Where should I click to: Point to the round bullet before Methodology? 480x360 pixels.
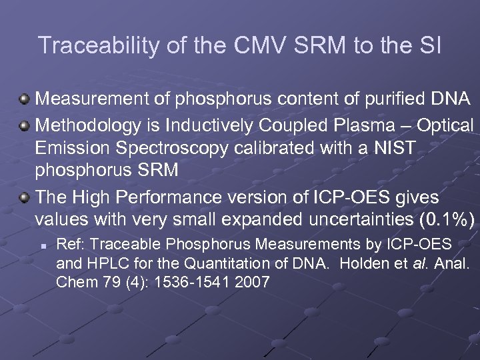(25, 126)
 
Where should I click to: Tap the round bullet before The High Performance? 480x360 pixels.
(25, 198)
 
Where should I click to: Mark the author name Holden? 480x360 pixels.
(367, 263)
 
